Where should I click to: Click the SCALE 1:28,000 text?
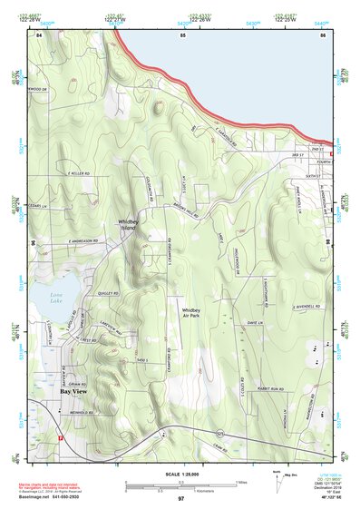pyautogui.click(x=181, y=475)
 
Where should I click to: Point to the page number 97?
pyautogui.click(x=181, y=498)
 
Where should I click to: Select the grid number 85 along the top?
pyautogui.click(x=182, y=34)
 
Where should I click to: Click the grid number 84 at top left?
pyautogui.click(x=40, y=34)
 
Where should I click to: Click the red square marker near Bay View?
pyautogui.click(x=60, y=437)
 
